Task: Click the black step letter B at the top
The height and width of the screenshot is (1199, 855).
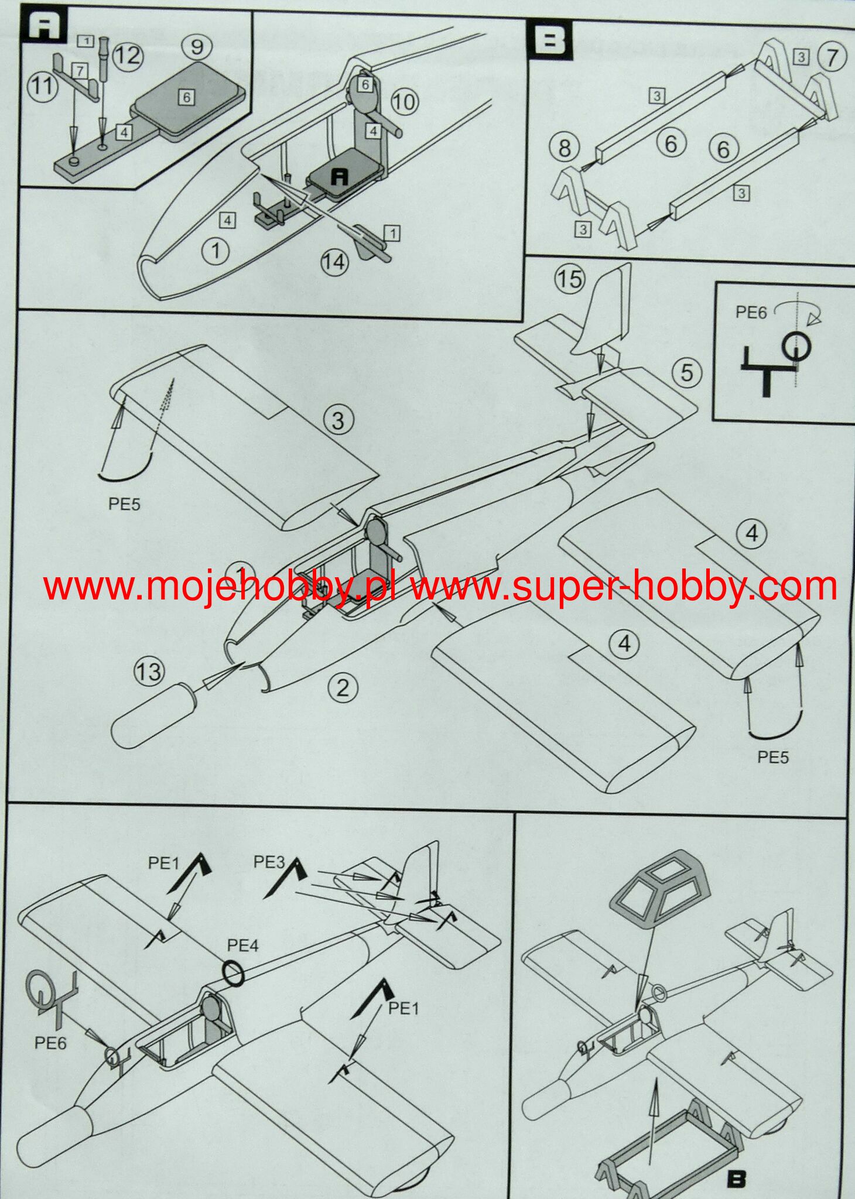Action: point(550,41)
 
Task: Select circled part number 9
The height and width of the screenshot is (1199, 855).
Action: point(197,46)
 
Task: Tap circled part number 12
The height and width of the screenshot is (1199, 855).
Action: point(128,55)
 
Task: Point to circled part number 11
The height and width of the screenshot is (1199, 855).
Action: point(42,87)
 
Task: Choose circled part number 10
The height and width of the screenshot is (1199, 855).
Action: point(403,102)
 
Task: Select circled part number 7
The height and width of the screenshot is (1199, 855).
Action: point(832,57)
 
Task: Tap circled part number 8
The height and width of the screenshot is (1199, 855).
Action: point(564,148)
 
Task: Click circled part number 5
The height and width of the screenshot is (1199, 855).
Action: point(687,372)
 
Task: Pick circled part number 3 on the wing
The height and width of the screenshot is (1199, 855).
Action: point(338,420)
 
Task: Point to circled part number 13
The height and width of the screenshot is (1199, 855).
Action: point(149,671)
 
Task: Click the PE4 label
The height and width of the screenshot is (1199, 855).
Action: point(242,946)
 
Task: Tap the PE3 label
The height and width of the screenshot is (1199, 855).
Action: point(269,862)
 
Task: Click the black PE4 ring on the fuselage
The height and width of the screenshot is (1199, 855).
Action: point(234,974)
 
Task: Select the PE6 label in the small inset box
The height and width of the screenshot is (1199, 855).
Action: point(751,313)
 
